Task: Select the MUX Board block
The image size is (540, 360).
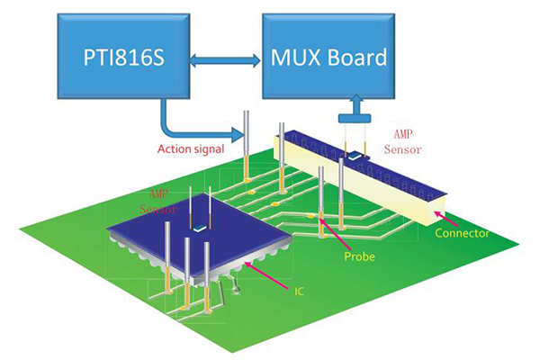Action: (x=328, y=57)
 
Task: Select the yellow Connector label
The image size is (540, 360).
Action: (x=461, y=233)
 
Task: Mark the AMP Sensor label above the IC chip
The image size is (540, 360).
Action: (x=162, y=201)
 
